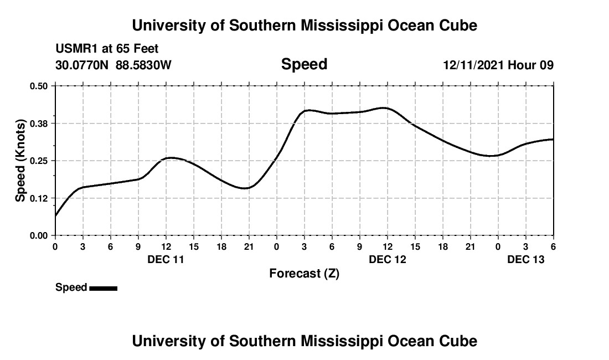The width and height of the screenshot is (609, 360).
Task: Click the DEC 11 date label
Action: click(166, 259)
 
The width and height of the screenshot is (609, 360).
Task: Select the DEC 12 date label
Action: click(388, 259)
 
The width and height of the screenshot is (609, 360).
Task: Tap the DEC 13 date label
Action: click(526, 259)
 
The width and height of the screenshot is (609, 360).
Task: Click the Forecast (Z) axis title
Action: click(304, 274)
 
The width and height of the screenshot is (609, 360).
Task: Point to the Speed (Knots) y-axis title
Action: click(20, 161)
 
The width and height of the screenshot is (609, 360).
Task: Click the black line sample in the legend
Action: click(103, 288)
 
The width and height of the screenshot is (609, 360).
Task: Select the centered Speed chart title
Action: click(304, 64)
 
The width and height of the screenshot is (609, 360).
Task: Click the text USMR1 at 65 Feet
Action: click(107, 49)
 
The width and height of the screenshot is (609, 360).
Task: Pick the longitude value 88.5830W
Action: click(143, 65)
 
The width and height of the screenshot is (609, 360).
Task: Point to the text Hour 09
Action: click(531, 65)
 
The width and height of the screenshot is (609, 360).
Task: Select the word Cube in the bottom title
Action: click(458, 341)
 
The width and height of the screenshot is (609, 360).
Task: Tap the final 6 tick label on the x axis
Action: click(553, 246)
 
